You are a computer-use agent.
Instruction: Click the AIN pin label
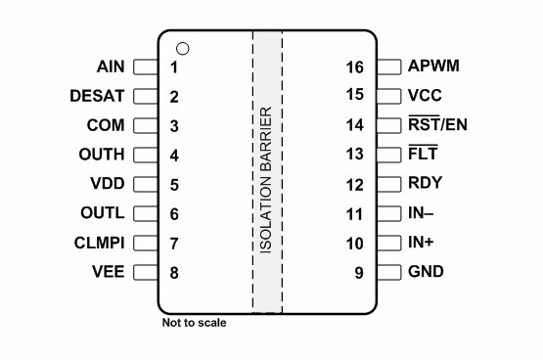coord(111,67)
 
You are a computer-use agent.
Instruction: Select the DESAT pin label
coord(97,97)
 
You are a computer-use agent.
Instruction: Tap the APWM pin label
coord(434,67)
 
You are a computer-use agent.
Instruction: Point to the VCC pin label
coord(427,96)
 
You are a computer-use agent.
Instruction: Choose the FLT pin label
coord(423,155)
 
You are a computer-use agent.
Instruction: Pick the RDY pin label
coord(426,184)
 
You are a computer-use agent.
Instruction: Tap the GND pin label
coord(427,271)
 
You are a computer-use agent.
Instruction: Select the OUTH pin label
coord(101,155)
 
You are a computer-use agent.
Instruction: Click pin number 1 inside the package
coord(174,68)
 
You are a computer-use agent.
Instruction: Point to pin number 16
coord(355,68)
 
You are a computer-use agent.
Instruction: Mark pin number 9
coord(360,272)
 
